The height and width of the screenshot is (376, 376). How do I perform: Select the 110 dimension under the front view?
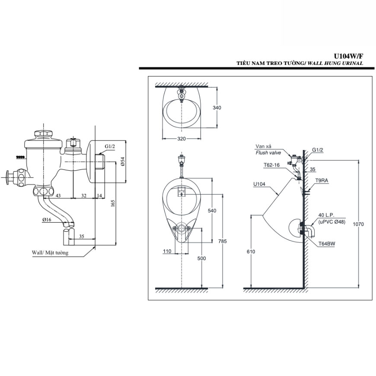pyautogui.click(x=168, y=251)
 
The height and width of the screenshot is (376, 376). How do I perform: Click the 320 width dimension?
pyautogui.click(x=181, y=139)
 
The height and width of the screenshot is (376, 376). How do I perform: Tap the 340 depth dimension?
pyautogui.click(x=217, y=108)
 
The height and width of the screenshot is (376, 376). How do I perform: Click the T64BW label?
pyautogui.click(x=326, y=243)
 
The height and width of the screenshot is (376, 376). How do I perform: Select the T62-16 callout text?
pyautogui.click(x=271, y=165)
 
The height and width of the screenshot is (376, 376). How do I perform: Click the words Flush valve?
pyautogui.click(x=268, y=153)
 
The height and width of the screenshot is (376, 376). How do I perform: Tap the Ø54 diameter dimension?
pyautogui.click(x=123, y=161)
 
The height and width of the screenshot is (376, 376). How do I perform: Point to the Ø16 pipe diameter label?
pyautogui.click(x=47, y=220)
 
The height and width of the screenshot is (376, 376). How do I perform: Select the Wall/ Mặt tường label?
pyautogui.click(x=50, y=253)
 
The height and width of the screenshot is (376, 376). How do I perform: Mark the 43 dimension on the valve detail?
pyautogui.click(x=57, y=195)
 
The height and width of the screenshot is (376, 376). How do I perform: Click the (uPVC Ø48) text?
pyautogui.click(x=331, y=222)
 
